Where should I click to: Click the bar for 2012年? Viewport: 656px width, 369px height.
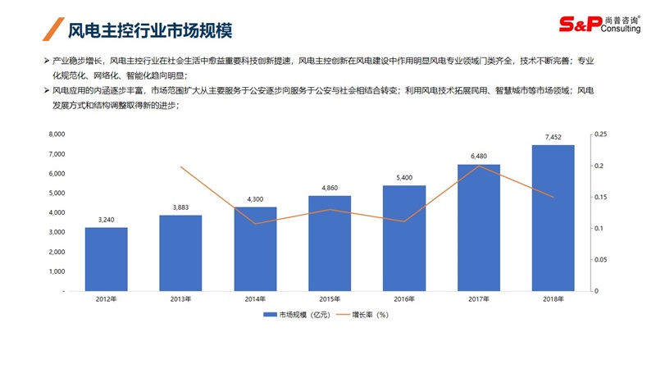(106, 258)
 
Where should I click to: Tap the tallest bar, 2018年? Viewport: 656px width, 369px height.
(553, 218)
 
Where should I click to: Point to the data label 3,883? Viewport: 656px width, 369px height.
(180, 207)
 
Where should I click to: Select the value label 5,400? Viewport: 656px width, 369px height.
(404, 178)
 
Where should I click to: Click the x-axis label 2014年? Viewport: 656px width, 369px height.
(255, 298)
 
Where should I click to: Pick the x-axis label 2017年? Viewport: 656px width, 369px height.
(479, 298)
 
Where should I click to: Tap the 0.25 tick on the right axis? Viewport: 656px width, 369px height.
(600, 134)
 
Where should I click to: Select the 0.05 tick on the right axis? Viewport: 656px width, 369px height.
(600, 260)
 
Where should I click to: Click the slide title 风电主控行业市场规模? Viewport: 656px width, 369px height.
(149, 30)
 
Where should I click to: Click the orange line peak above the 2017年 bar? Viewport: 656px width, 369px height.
(479, 166)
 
